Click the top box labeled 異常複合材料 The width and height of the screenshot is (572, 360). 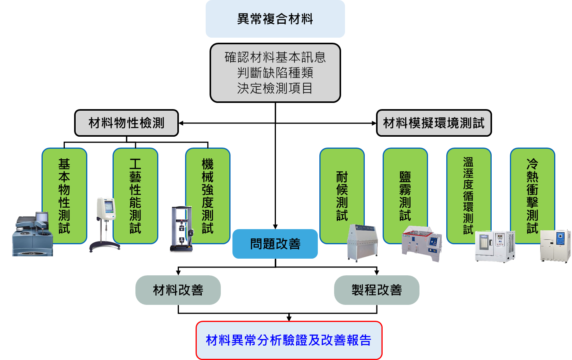point(275,19)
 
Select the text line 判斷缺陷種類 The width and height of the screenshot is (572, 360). point(275,73)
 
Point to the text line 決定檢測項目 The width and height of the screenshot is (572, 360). point(275,88)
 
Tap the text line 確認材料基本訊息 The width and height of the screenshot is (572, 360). point(275,57)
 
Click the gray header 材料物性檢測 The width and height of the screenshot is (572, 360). point(127,123)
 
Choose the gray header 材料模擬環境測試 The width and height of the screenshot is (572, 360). point(434,123)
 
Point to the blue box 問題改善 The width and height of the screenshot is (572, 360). point(275,244)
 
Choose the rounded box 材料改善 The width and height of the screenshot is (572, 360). point(178,290)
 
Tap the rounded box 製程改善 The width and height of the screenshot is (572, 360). point(377,290)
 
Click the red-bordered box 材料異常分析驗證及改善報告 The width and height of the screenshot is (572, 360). point(289,340)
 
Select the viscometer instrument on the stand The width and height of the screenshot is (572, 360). point(105,223)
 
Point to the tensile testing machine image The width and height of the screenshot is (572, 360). point(182,229)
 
